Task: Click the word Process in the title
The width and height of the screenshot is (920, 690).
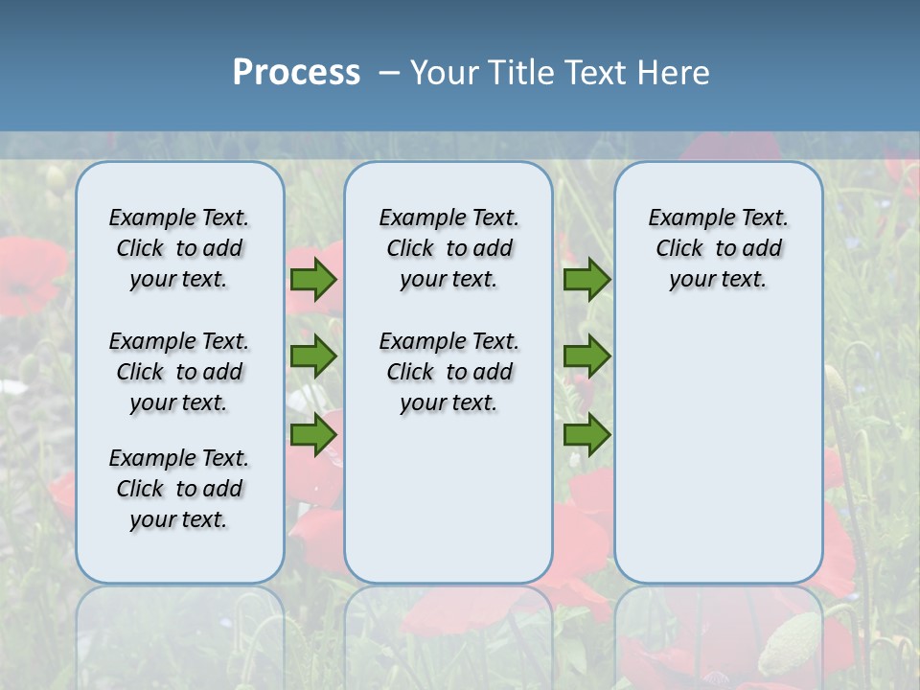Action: click(296, 73)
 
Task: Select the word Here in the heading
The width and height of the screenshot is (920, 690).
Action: click(675, 73)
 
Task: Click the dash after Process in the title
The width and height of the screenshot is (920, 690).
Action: click(389, 74)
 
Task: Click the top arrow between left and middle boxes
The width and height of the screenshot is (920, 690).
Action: click(312, 280)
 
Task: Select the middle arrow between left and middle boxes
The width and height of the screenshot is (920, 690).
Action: click(312, 356)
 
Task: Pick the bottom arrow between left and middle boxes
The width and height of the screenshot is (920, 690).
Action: click(312, 435)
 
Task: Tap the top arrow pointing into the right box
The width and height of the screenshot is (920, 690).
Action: click(586, 280)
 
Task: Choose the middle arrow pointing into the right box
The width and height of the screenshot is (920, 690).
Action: click(586, 356)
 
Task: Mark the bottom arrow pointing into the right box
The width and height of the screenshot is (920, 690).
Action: click(586, 435)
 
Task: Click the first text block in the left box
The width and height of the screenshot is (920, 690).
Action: click(179, 248)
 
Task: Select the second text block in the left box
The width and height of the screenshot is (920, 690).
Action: click(179, 372)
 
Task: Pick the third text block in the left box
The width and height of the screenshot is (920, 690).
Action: click(179, 489)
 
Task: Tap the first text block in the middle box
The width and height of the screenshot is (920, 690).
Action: click(448, 248)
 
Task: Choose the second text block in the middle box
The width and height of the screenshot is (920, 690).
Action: click(448, 372)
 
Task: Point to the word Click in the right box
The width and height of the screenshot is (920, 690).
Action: click(679, 249)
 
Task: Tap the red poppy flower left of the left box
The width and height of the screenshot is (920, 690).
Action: click(29, 273)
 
